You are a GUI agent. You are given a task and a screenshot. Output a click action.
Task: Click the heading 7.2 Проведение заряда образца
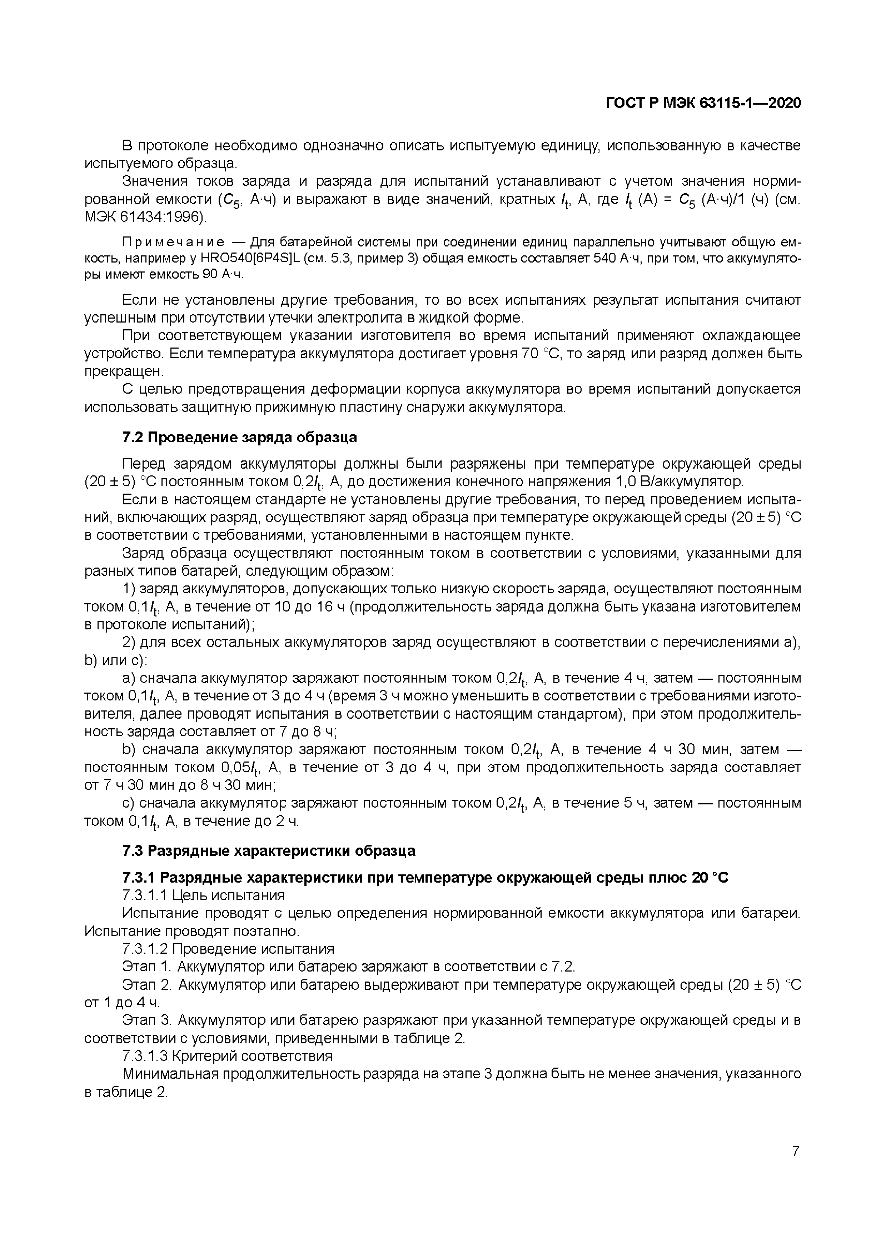(x=239, y=437)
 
